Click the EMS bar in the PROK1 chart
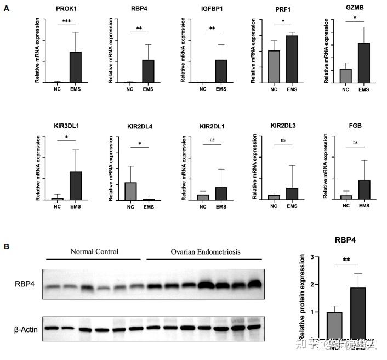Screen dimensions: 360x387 tap(75, 67)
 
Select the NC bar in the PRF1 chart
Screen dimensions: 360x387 tap(274, 66)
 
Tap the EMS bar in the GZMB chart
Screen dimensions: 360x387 tap(364, 63)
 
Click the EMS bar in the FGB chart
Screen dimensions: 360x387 tap(364, 189)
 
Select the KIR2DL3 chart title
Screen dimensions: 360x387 tap(283, 126)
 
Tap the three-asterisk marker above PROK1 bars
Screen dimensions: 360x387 tap(66, 20)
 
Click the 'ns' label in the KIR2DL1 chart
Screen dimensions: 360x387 tap(212, 140)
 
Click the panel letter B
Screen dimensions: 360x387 tap(6, 246)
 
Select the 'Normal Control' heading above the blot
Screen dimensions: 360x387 tap(94, 252)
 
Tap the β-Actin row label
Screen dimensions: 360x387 tap(25, 329)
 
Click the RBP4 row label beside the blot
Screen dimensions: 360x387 tap(25, 284)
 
